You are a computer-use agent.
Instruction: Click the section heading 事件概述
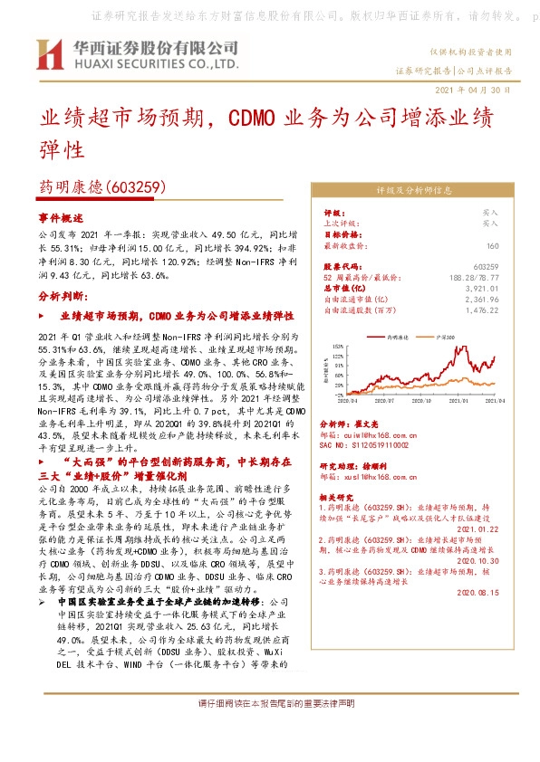[x=60, y=218]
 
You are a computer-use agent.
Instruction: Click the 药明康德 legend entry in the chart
[x=397, y=335]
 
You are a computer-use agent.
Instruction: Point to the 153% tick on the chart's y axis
[x=337, y=345]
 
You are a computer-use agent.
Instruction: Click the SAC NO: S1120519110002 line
[x=365, y=445]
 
